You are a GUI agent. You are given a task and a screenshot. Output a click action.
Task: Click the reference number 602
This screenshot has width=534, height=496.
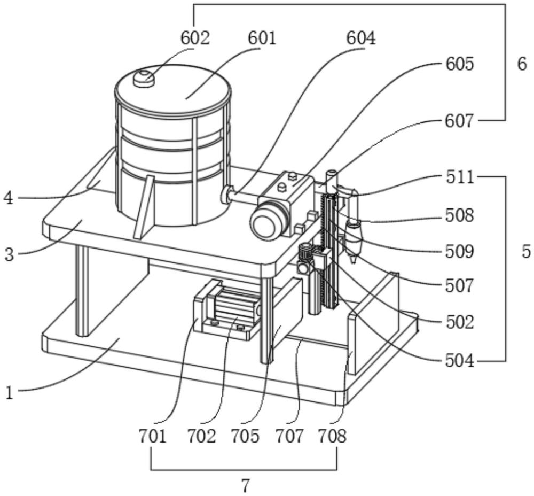pyautogui.click(x=195, y=38)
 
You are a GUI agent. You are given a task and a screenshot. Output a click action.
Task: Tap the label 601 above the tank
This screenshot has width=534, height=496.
pyautogui.click(x=262, y=38)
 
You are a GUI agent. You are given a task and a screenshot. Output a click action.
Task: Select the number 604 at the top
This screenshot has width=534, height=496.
pyautogui.click(x=361, y=38)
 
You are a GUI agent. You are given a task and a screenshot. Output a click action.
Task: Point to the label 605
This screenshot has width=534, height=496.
pyautogui.click(x=459, y=64)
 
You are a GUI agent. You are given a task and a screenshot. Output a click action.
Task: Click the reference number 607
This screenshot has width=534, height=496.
pyautogui.click(x=459, y=121)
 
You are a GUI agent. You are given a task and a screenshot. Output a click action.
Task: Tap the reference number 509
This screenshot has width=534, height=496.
pyautogui.click(x=459, y=252)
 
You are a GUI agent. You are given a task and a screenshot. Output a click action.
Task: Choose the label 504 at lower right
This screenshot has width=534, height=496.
pyautogui.click(x=459, y=361)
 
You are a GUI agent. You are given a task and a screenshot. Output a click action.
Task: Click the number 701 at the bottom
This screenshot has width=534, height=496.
pyautogui.click(x=152, y=436)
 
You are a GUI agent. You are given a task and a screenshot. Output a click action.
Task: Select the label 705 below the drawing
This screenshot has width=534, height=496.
pyautogui.click(x=245, y=436)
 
